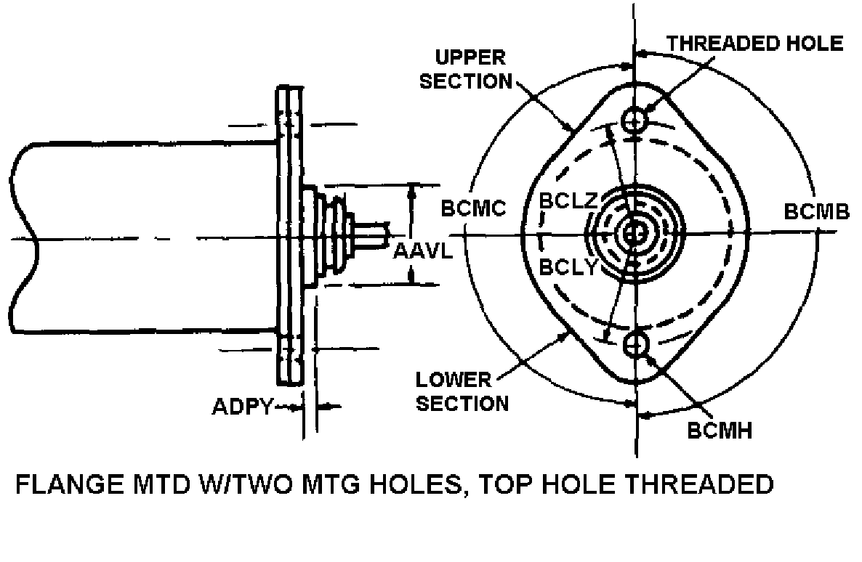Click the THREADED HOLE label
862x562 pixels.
tap(755, 43)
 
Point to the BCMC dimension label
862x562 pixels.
tap(474, 209)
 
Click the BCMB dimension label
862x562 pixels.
tap(817, 212)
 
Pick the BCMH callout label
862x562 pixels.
tap(720, 431)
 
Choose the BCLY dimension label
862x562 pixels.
tap(568, 266)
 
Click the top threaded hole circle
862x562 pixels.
tap(636, 118)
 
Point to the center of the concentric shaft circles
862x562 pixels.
tap(635, 233)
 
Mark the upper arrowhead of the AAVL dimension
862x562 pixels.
tap(412, 190)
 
